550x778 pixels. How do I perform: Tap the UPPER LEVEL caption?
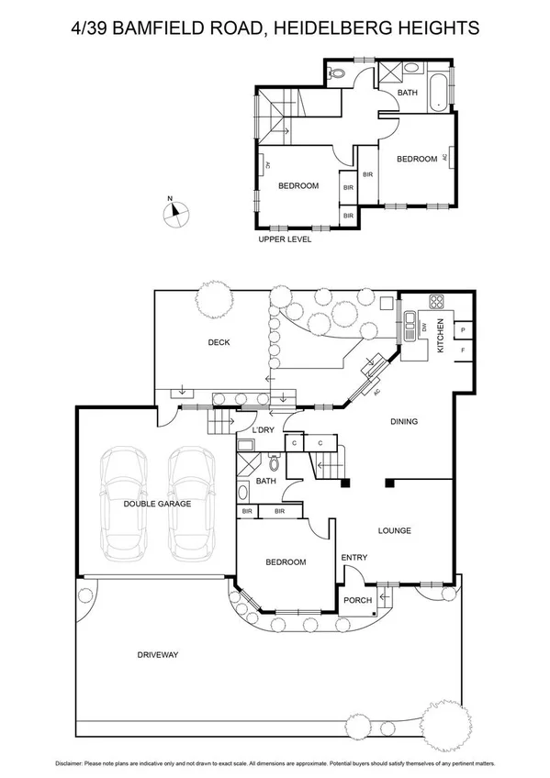click(x=285, y=239)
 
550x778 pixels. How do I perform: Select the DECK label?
click(x=219, y=343)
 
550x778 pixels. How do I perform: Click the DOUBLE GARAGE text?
click(x=157, y=504)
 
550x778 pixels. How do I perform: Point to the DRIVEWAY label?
click(x=157, y=654)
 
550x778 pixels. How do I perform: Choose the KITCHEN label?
click(x=441, y=336)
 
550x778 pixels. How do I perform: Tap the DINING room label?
click(x=404, y=422)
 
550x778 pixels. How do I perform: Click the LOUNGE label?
click(x=395, y=530)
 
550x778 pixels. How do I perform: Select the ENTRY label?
click(x=354, y=557)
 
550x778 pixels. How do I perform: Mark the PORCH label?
click(x=357, y=601)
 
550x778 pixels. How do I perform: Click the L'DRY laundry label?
click(x=264, y=430)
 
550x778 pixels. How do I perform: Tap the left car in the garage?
click(x=122, y=505)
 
